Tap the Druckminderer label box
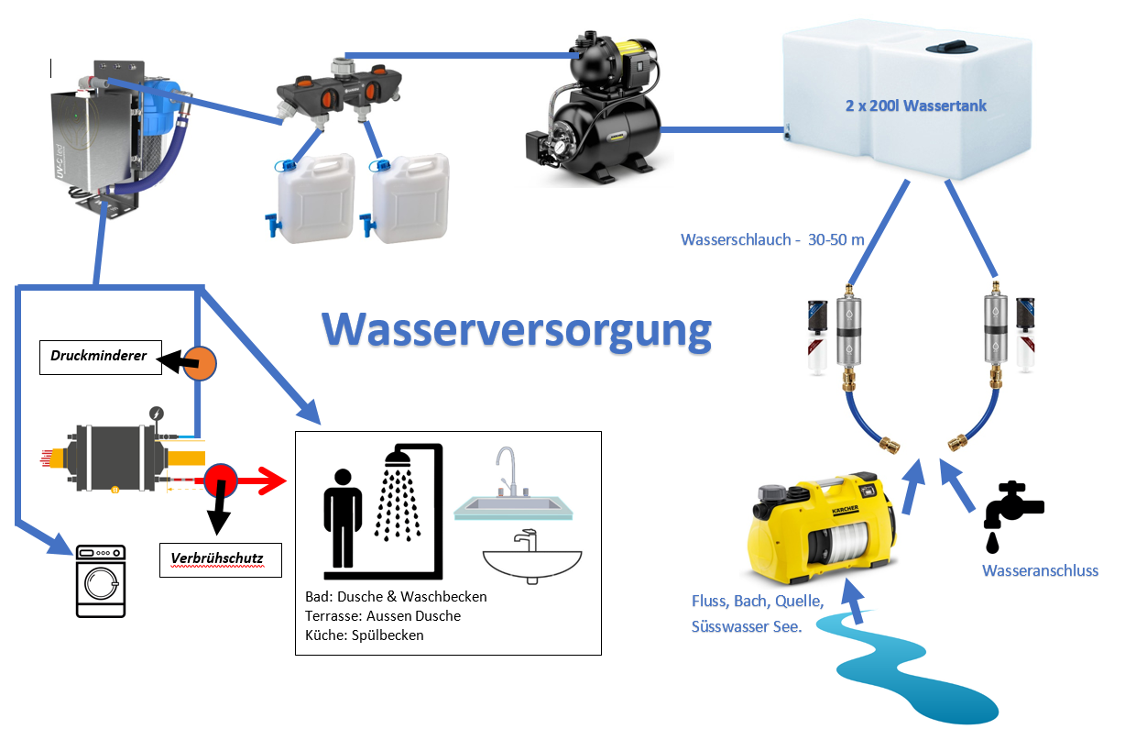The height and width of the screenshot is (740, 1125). (x=99, y=356)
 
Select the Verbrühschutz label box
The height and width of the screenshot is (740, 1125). (x=220, y=558)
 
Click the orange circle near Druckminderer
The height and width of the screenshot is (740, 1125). (x=199, y=362)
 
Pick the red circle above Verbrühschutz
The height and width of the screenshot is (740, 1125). (x=220, y=479)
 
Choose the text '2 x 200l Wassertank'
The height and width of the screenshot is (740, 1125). (x=916, y=106)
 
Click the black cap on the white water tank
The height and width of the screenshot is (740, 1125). (x=943, y=49)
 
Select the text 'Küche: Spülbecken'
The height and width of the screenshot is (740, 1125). (x=365, y=635)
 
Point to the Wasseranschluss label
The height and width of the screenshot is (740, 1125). (x=1040, y=570)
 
